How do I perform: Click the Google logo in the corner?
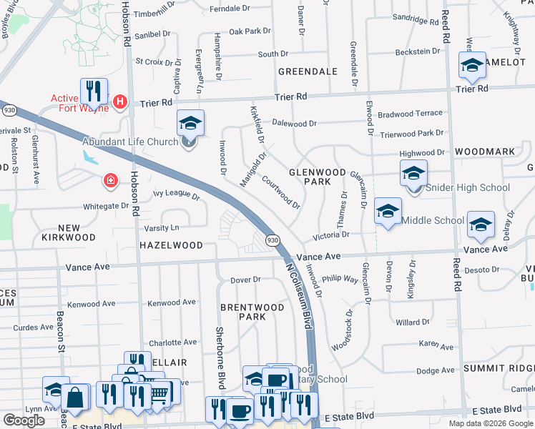coord(24,420)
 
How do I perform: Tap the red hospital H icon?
coord(120,102)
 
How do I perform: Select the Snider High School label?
coord(468,188)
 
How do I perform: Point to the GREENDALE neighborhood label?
coord(308,71)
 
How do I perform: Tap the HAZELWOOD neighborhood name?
coord(171,245)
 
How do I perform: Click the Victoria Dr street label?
coord(330,235)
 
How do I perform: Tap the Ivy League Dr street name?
coord(176,194)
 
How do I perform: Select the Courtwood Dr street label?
coord(281,192)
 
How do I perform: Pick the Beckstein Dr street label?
coord(418,51)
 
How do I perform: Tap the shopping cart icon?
coord(162,391)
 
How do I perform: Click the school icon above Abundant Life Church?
coord(191,123)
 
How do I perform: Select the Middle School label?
coord(433,220)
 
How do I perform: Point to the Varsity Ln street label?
coord(162,228)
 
